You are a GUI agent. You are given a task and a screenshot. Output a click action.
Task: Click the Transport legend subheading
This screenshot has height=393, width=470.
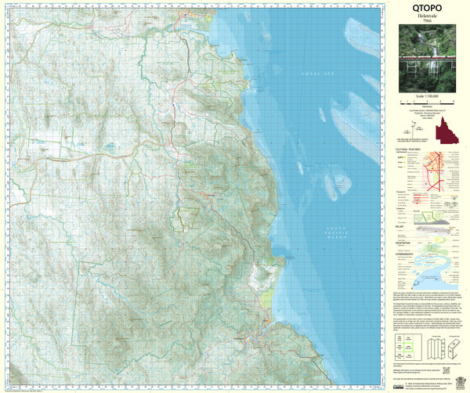click(x=403, y=189)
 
